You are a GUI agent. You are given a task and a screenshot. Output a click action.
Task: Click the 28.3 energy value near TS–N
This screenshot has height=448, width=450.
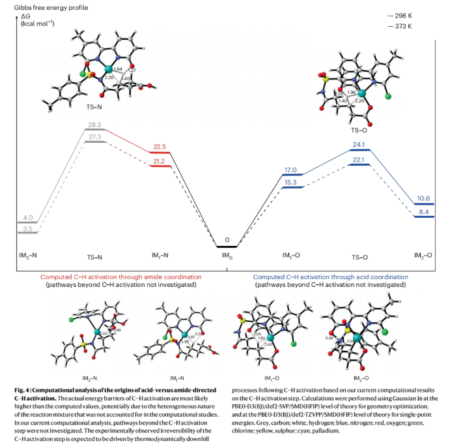[x=95, y=124]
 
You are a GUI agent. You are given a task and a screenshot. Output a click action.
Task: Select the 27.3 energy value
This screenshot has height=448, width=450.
[x=95, y=137]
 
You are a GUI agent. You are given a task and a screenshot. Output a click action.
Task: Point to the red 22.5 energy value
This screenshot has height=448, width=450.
[x=160, y=147]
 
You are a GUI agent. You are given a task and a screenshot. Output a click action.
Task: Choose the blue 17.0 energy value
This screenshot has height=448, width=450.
[x=290, y=169]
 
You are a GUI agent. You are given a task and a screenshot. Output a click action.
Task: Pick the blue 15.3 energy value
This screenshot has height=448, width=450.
[x=290, y=183]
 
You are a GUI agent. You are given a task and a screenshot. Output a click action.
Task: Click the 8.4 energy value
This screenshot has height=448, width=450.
[x=423, y=212]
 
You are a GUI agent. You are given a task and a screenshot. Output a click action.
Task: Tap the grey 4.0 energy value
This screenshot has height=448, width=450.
[x=28, y=217]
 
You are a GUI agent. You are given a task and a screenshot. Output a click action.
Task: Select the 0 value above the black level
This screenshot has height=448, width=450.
[x=227, y=240]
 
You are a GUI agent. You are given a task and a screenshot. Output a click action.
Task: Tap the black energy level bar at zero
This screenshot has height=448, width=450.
[x=227, y=247]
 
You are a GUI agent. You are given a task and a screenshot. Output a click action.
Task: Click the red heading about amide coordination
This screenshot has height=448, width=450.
[x=121, y=277]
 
